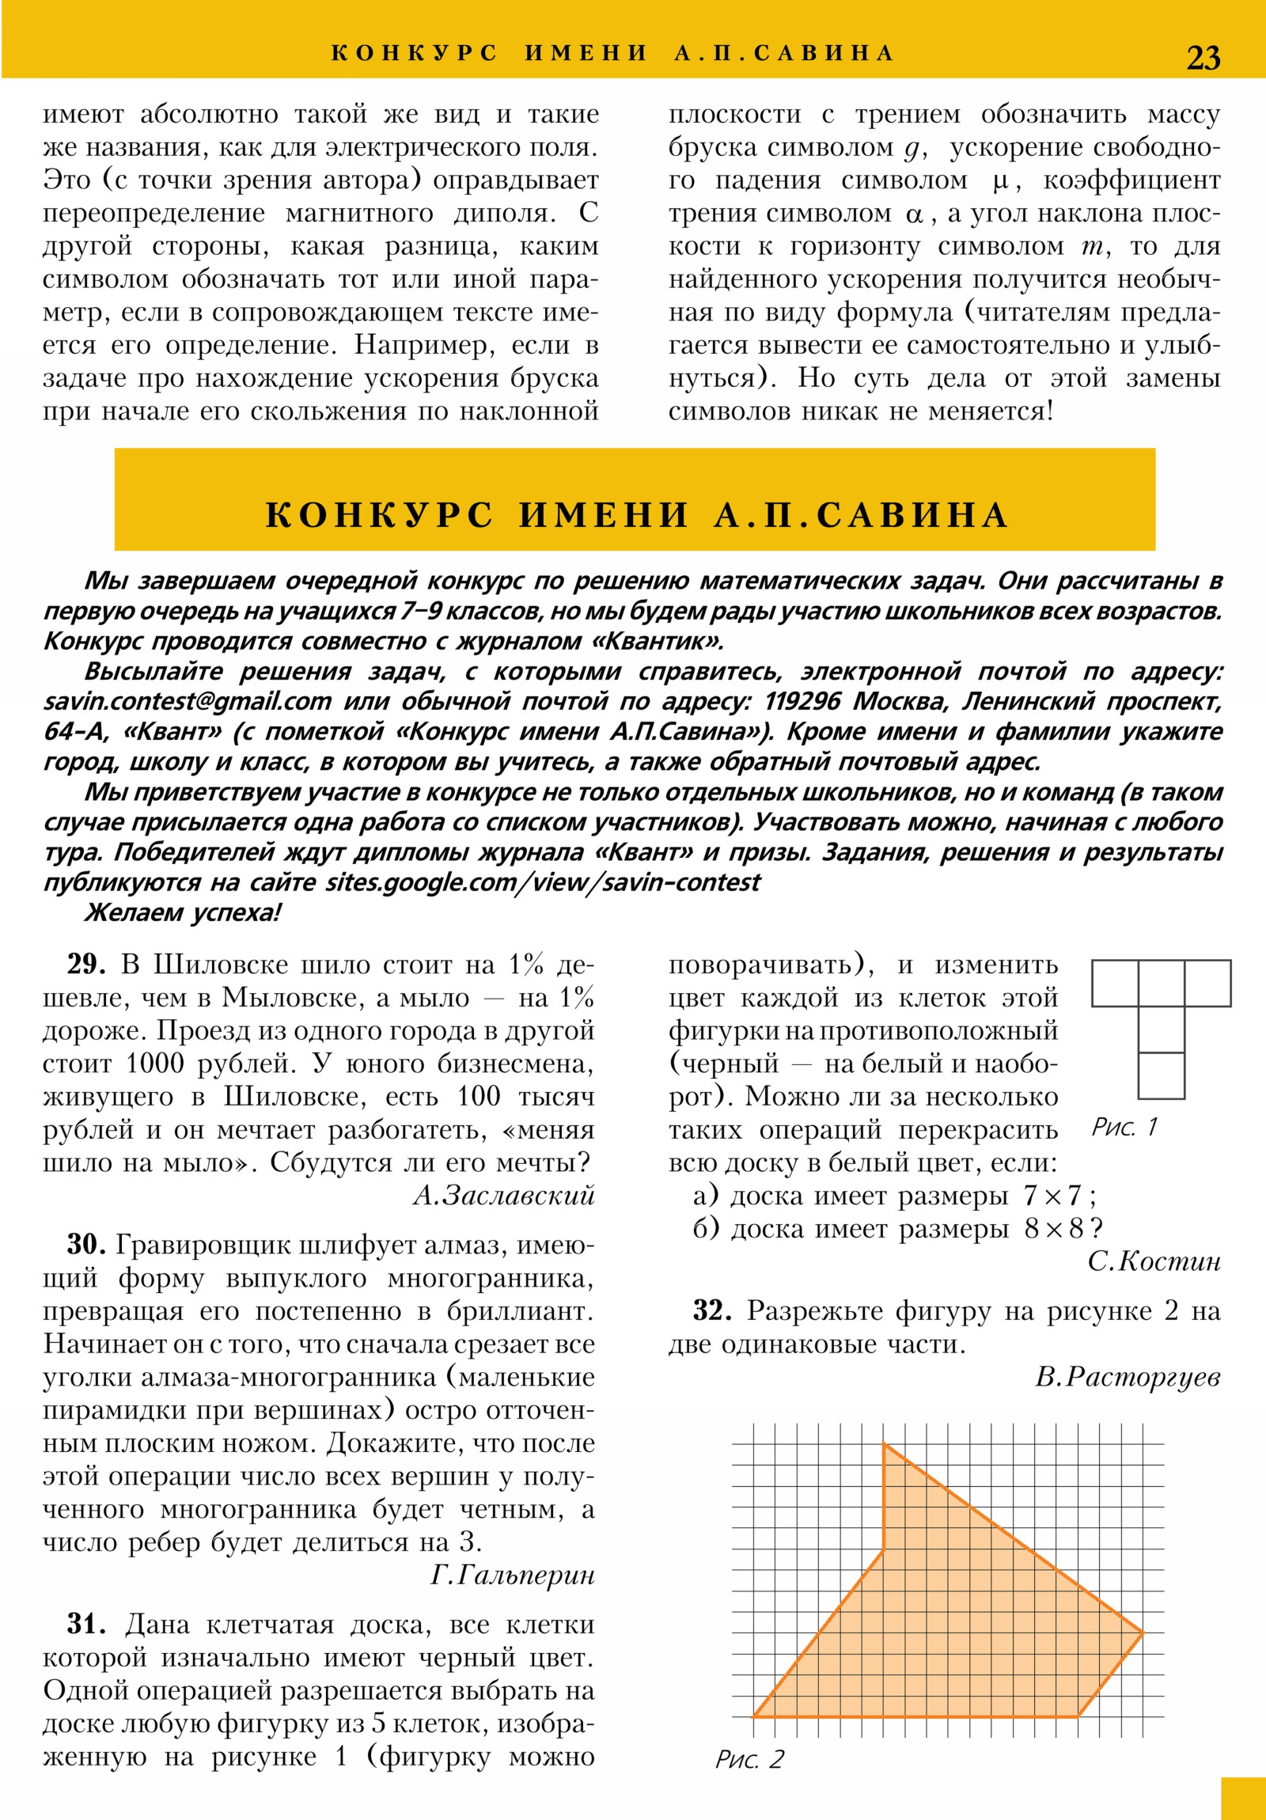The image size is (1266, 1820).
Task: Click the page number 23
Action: [1203, 58]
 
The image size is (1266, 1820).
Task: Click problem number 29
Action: [85, 965]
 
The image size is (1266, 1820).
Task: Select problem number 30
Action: [85, 1245]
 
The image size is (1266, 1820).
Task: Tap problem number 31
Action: [85, 1625]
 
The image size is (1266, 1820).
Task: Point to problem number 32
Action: [712, 1310]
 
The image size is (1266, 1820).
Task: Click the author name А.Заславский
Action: [503, 1196]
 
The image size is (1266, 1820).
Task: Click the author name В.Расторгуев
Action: [1128, 1377]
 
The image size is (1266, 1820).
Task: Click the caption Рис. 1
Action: [1124, 1126]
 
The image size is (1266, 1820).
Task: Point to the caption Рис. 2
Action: [749, 1759]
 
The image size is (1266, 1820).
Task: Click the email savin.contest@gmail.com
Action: [187, 702]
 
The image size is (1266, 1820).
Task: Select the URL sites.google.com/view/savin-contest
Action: [542, 882]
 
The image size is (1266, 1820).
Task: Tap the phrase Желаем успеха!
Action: [182, 912]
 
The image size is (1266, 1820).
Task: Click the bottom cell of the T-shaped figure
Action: [1162, 1075]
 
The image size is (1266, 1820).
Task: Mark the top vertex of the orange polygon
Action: [884, 1444]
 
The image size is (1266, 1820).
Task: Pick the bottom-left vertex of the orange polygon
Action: [754, 1716]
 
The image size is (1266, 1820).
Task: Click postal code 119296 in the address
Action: [802, 702]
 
